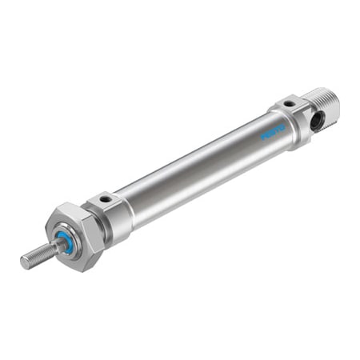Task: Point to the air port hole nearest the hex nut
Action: tap(104, 198)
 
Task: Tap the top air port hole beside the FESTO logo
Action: tap(286, 104)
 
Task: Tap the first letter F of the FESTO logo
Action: tap(262, 137)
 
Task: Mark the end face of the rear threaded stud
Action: tap(334, 104)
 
